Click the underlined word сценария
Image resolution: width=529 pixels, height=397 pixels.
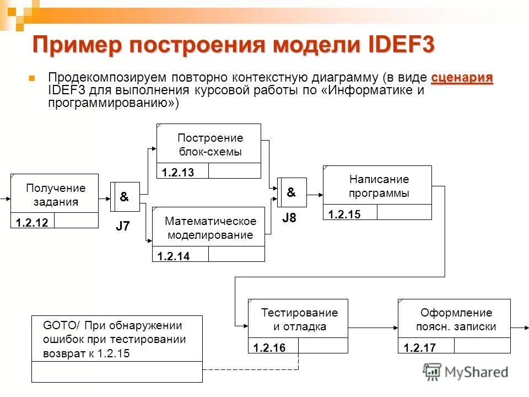(x=462, y=78)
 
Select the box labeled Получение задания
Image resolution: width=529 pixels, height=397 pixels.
(x=55, y=195)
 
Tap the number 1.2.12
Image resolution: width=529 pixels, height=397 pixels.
(x=32, y=223)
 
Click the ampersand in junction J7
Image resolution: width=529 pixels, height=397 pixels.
(x=125, y=197)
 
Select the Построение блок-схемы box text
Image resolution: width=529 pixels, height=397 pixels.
(x=210, y=145)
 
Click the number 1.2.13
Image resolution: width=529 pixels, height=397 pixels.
(x=178, y=173)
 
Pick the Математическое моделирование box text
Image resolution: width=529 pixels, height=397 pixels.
(x=210, y=228)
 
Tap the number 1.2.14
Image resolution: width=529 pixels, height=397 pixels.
(x=173, y=256)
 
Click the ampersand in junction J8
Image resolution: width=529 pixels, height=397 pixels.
(x=291, y=192)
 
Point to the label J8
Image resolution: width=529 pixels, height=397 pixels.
(x=289, y=218)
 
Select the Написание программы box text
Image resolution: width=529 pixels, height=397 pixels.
(x=379, y=186)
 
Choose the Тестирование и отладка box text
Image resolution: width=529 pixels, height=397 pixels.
(x=300, y=319)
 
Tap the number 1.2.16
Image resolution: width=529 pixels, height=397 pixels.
(x=270, y=348)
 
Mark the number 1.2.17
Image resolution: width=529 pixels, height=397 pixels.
(x=420, y=348)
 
